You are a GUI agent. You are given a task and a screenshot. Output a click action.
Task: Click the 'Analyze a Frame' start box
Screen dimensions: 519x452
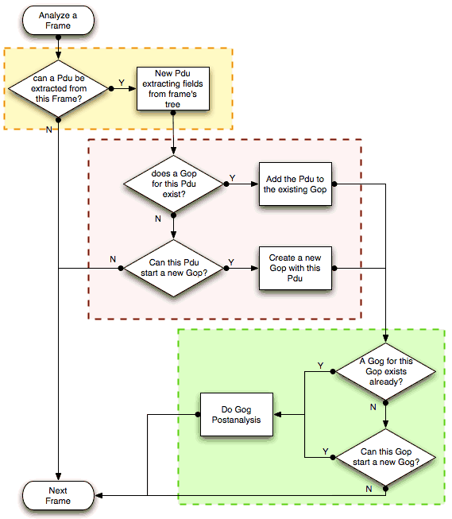pyautogui.click(x=59, y=21)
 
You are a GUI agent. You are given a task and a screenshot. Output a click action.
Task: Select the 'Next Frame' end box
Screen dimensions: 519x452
pyautogui.click(x=59, y=496)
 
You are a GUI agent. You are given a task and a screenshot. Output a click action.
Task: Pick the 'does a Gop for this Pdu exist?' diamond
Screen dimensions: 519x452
pyautogui.click(x=173, y=184)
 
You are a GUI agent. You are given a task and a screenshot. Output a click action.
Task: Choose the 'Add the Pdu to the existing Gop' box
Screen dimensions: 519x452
pyautogui.click(x=295, y=184)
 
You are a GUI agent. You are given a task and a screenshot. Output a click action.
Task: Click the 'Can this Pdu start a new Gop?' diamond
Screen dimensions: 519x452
pyautogui.click(x=173, y=269)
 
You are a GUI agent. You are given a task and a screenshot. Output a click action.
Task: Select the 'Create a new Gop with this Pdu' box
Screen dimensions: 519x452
pyautogui.click(x=295, y=269)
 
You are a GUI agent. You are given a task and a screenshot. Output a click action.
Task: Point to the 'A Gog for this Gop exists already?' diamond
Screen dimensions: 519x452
pyautogui.click(x=384, y=371)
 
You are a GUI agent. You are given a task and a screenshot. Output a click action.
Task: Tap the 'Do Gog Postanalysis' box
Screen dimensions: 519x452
pyautogui.click(x=236, y=415)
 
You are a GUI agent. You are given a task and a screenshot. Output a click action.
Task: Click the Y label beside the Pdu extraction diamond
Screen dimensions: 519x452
pyautogui.click(x=121, y=82)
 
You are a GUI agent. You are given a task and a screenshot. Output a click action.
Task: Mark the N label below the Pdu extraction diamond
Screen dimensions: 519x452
pyautogui.click(x=50, y=129)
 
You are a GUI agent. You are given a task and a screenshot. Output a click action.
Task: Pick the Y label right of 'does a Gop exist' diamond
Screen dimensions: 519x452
pyautogui.click(x=232, y=176)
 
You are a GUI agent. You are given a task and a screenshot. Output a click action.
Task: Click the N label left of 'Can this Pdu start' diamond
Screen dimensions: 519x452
pyautogui.click(x=112, y=260)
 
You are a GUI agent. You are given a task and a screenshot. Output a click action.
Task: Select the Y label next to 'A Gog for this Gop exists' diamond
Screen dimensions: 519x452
pyautogui.click(x=321, y=365)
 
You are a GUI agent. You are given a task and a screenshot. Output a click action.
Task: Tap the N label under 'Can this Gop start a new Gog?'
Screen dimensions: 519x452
pyautogui.click(x=369, y=488)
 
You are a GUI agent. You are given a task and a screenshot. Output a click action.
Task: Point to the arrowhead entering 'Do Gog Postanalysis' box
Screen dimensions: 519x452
pyautogui.click(x=277, y=415)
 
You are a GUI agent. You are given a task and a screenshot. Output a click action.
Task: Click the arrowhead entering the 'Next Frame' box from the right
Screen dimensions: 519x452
pyautogui.click(x=99, y=496)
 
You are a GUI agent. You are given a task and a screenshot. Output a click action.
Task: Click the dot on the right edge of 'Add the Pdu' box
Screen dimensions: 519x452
pyautogui.click(x=334, y=184)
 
